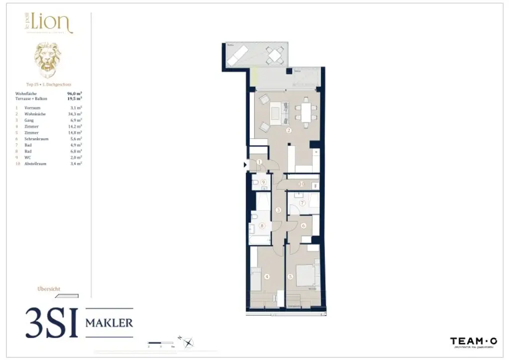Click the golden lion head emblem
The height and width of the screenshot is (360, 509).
[x=48, y=60]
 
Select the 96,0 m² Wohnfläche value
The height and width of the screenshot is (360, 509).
[x=74, y=93]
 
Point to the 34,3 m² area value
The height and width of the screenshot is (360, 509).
[x=75, y=114]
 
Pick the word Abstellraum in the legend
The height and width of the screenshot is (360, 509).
[x=35, y=164]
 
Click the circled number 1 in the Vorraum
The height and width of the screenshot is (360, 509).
[x=259, y=162]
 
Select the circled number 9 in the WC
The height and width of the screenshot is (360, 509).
[x=263, y=182]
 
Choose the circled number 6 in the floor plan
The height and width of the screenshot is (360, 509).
[x=303, y=226]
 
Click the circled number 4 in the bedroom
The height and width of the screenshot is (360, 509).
[x=267, y=276]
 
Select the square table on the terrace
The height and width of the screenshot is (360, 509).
[x=274, y=55]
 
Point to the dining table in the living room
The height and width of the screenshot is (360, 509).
[x=305, y=112]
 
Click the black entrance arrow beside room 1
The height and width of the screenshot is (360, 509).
[x=245, y=165]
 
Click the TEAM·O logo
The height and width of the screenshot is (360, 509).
[x=473, y=342]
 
